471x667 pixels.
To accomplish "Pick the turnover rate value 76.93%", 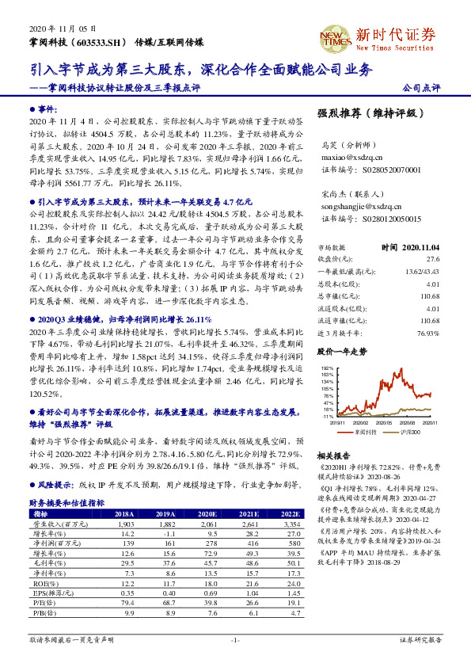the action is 427,333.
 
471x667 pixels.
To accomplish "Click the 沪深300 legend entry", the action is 409,433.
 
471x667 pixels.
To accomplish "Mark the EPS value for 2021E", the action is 239,592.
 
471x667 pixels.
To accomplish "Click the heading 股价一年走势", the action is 341,349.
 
